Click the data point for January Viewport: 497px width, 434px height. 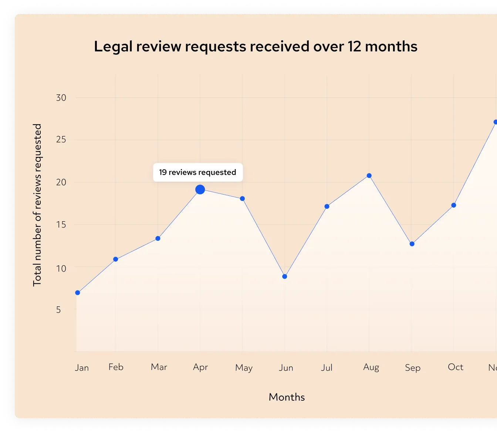click(x=78, y=293)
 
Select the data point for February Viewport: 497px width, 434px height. click(x=115, y=259)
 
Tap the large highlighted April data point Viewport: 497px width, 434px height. click(x=200, y=190)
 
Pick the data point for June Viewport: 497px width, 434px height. click(x=284, y=276)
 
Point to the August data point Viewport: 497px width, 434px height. click(x=369, y=176)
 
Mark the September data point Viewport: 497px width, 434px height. click(x=412, y=244)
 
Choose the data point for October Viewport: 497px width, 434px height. click(x=454, y=205)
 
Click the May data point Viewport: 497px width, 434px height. click(x=242, y=199)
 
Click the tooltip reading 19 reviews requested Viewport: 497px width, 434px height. click(x=198, y=172)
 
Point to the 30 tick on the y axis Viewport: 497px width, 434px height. click(x=61, y=98)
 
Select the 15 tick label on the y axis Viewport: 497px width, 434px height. click(x=61, y=225)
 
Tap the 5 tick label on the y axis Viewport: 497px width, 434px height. click(x=58, y=310)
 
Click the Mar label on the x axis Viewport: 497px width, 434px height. click(x=159, y=367)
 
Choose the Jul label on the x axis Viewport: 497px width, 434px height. click(x=327, y=367)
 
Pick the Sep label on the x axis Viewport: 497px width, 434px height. click(x=413, y=368)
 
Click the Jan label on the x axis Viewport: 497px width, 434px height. click(x=82, y=367)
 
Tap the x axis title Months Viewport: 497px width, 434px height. click(x=287, y=397)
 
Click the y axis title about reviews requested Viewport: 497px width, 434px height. click(x=37, y=205)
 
